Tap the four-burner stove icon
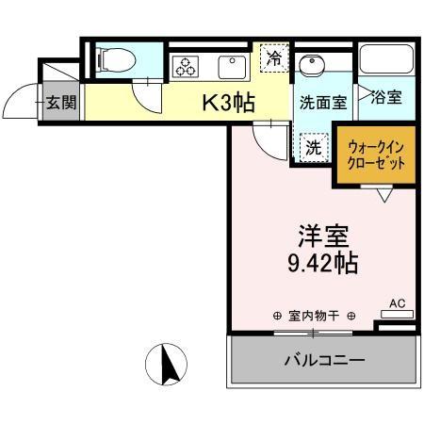(184, 68)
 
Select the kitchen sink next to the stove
(229, 68)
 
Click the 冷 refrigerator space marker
(273, 57)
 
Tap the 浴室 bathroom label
(386, 96)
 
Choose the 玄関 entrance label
(61, 103)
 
